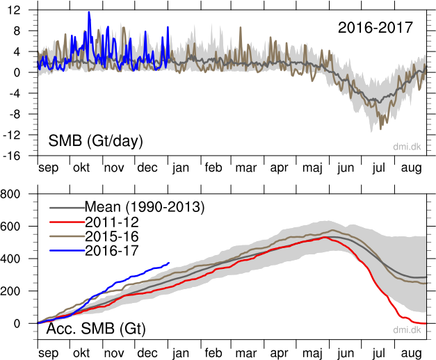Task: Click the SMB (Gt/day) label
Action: pos(95,141)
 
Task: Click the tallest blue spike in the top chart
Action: pos(89,12)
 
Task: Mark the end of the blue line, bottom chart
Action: pos(169,263)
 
